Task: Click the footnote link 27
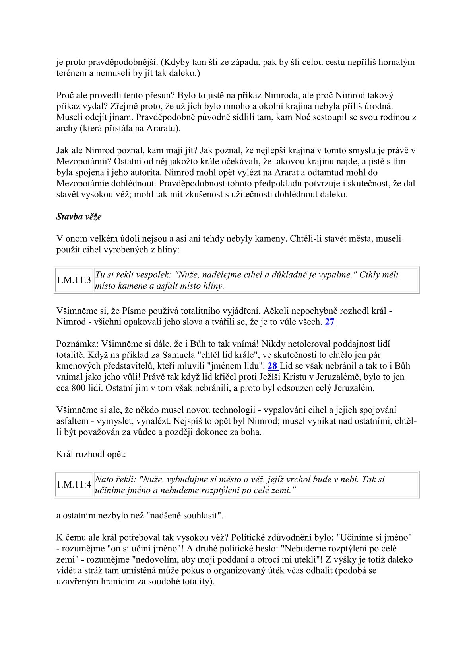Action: point(330,322)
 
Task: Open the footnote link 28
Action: point(272,366)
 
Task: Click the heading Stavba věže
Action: point(79,217)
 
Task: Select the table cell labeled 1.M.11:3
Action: point(74,280)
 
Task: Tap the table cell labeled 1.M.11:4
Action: point(74,485)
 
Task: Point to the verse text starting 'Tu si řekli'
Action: point(246,280)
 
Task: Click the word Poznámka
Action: point(77,344)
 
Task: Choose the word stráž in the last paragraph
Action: point(90,570)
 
